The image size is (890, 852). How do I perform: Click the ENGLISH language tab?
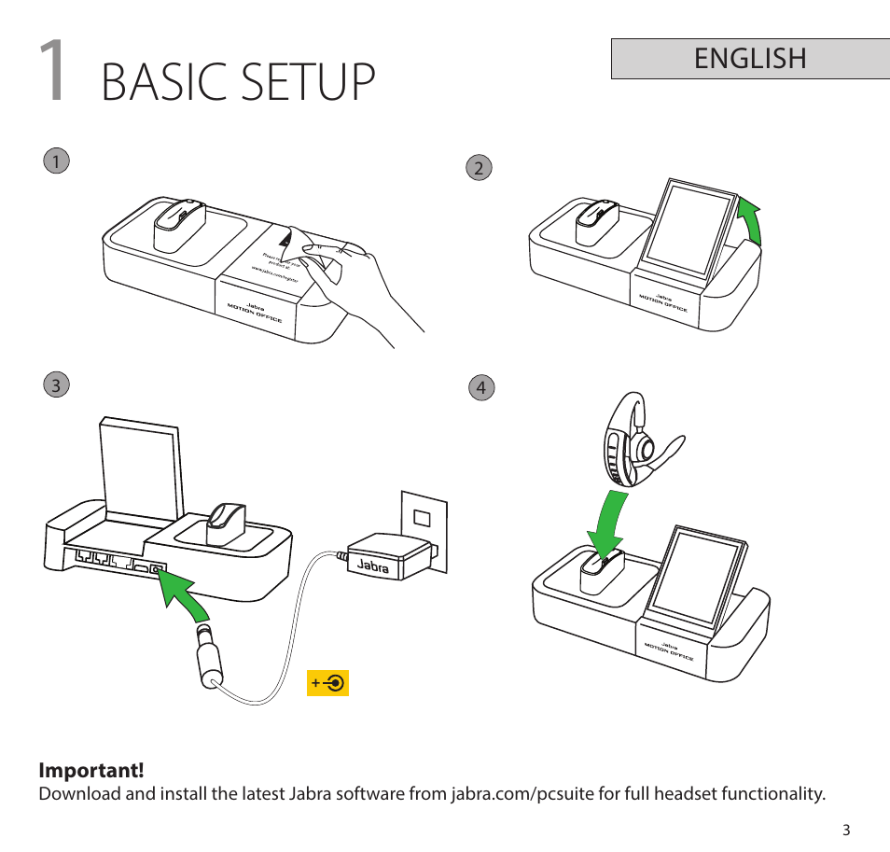[x=750, y=58]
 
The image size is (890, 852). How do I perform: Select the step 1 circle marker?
[x=56, y=161]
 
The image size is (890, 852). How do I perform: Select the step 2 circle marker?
[x=479, y=168]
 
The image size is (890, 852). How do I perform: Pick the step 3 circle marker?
[x=56, y=384]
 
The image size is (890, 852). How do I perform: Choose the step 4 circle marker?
[x=480, y=387]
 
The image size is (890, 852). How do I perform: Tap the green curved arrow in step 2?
[x=750, y=221]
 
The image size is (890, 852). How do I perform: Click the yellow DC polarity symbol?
[x=327, y=683]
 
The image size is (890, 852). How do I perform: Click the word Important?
[x=91, y=771]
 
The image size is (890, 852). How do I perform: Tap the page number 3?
[x=846, y=830]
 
